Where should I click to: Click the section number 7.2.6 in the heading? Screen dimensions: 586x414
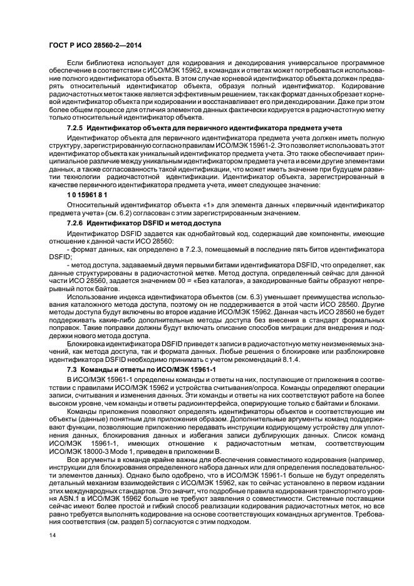pyautogui.click(x=75, y=223)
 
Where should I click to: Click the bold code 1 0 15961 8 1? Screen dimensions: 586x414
pyautogui.click(x=87, y=195)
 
